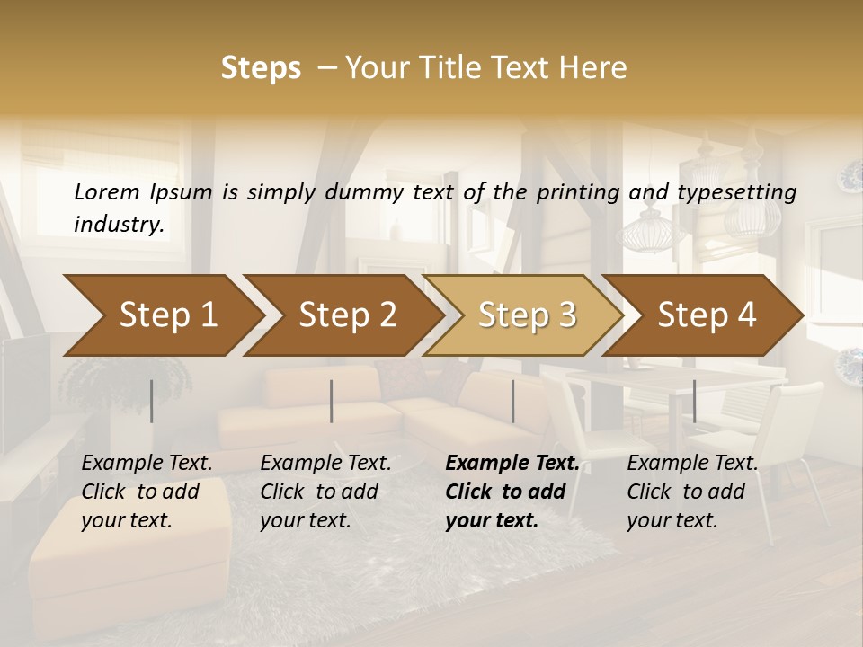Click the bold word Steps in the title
261,68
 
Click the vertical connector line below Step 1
151,401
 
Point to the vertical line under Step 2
332,401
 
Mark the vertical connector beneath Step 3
512,401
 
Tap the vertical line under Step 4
694,401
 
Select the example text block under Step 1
147,492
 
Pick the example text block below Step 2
325,492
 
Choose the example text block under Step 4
692,492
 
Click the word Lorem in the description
106,191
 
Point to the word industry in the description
119,224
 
